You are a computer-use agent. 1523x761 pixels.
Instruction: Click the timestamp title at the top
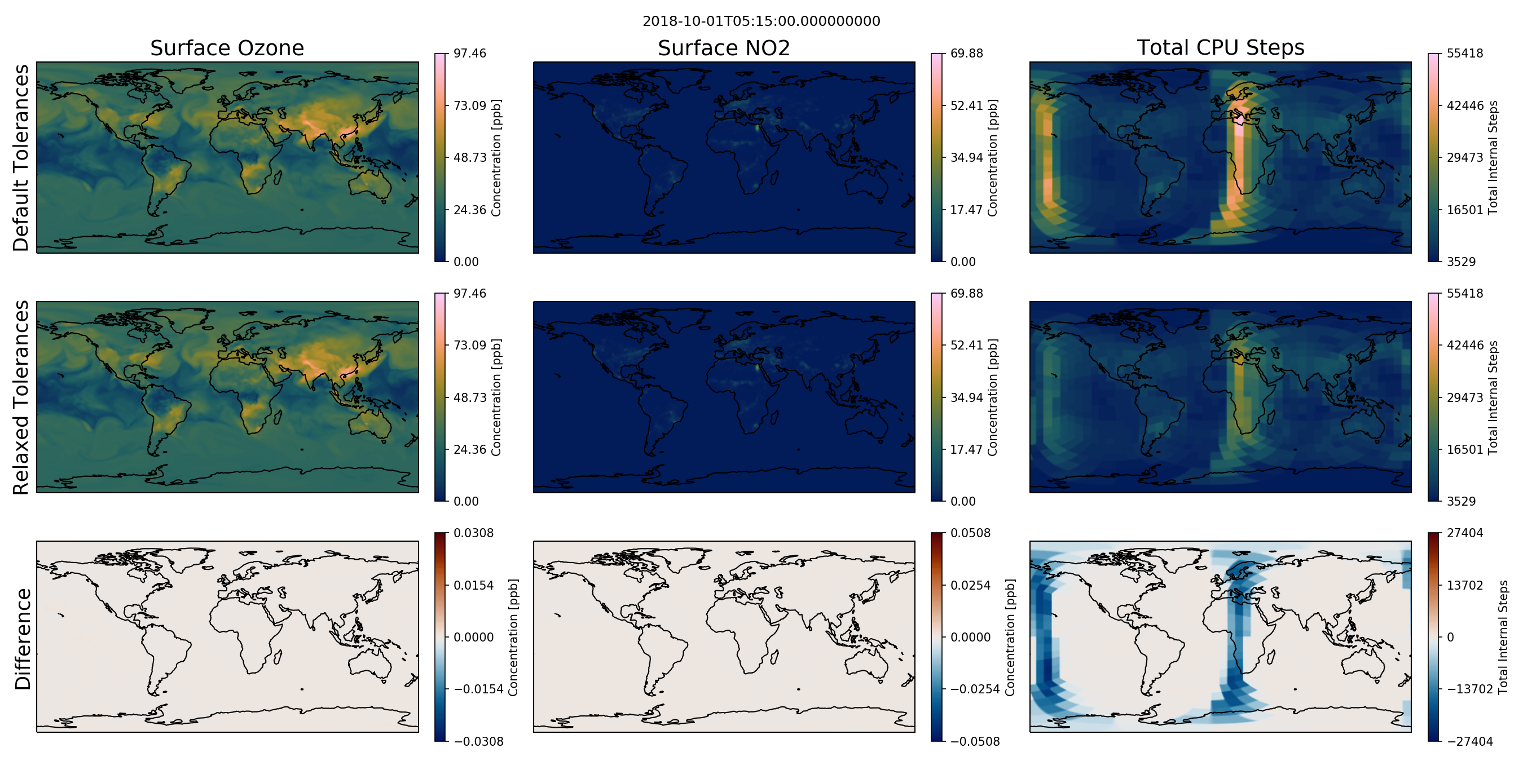(761, 21)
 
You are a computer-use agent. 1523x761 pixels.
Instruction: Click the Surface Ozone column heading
(227, 48)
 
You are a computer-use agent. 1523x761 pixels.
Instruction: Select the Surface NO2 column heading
(724, 48)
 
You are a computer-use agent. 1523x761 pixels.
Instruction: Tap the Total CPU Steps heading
(1220, 47)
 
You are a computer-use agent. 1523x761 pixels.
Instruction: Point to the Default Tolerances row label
(21, 158)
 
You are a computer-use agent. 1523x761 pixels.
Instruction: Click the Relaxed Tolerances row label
(21, 397)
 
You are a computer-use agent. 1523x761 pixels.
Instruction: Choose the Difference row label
(22, 639)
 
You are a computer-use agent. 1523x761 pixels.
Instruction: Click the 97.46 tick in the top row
(469, 53)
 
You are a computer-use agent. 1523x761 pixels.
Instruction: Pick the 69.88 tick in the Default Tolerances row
(967, 53)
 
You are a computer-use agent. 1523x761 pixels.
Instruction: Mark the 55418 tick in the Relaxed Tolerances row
(1464, 293)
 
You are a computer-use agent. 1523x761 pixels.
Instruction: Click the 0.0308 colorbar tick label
(474, 533)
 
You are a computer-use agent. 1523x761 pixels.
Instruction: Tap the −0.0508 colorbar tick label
(975, 741)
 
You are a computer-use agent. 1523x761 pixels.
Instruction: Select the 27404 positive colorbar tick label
(1464, 533)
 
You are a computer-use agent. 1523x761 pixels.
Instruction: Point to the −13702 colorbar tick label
(1470, 689)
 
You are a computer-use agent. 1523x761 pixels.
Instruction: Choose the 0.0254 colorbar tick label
(970, 586)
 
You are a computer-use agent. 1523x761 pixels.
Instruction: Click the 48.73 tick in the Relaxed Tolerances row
(469, 397)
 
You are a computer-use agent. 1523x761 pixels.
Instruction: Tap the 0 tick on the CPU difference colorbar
(1450, 638)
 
